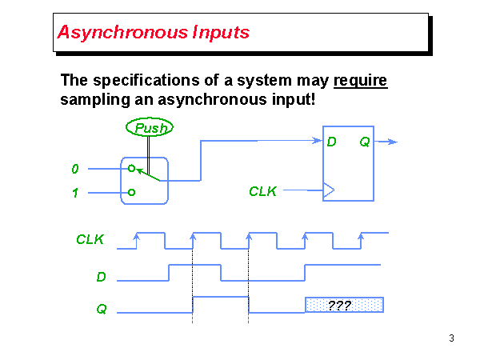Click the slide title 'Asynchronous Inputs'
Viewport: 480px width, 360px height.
click(x=154, y=33)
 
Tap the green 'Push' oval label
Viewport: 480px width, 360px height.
click(x=150, y=127)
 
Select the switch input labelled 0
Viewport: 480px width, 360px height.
click(x=75, y=169)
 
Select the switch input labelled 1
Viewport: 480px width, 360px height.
click(x=75, y=193)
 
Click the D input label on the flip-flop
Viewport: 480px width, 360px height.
click(x=331, y=142)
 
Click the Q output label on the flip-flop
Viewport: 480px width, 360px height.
click(x=364, y=142)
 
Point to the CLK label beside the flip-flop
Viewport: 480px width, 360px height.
click(x=262, y=191)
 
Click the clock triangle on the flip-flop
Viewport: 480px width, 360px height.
click(x=328, y=190)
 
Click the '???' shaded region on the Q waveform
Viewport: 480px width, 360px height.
click(x=344, y=305)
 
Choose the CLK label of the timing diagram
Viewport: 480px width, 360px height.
click(x=90, y=239)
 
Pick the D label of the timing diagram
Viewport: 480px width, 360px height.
click(x=102, y=277)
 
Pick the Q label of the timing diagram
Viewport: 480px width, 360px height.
click(x=102, y=308)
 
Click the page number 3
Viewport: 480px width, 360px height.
click(x=452, y=338)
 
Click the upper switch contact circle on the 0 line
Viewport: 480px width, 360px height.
click(x=131, y=169)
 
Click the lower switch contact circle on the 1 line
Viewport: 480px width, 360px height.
click(x=131, y=193)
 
